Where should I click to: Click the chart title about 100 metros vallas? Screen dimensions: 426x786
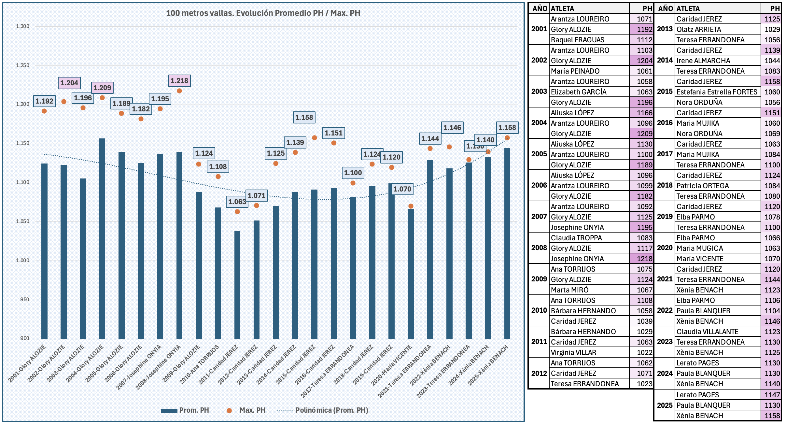[x=263, y=13]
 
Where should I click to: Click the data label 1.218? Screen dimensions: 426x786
[x=179, y=80]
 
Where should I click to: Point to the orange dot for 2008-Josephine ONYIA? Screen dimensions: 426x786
[x=179, y=91]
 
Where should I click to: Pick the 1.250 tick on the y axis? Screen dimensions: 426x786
[x=23, y=65]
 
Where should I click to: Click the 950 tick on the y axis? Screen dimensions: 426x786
[x=25, y=299]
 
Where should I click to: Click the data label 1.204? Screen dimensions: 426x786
[x=69, y=83]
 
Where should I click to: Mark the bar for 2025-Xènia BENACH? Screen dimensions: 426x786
[x=507, y=243]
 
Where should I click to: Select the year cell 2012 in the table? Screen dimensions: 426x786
[x=539, y=373]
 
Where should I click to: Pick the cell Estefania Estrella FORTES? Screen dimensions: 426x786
[x=717, y=92]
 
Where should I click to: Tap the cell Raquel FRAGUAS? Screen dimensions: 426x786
[x=577, y=40]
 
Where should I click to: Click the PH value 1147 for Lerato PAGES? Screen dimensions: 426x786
[x=772, y=395]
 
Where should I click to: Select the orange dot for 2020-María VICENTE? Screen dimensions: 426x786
[x=411, y=206]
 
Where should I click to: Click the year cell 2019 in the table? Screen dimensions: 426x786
[x=665, y=217]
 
